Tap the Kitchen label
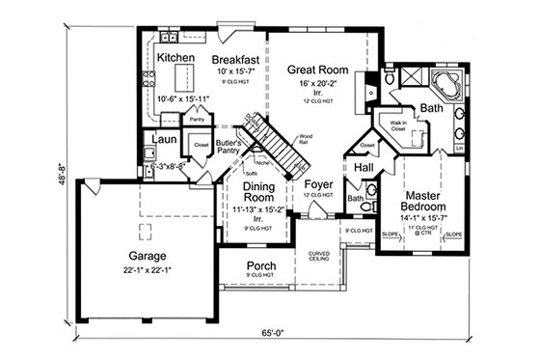[x=176, y=59]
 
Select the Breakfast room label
[x=235, y=59]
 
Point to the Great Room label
[x=316, y=69]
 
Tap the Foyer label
[x=318, y=183]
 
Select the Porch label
[x=261, y=266]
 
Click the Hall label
[x=364, y=168]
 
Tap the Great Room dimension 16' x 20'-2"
[x=316, y=85]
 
